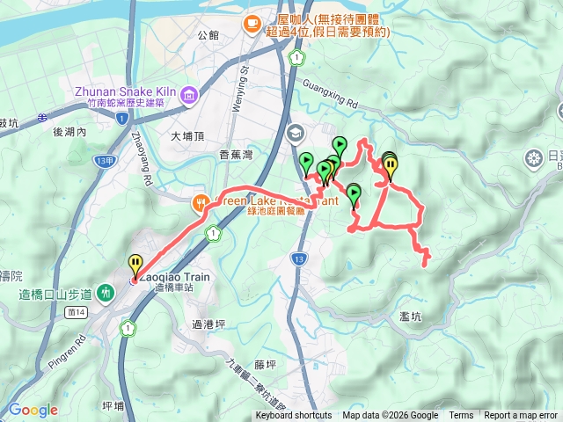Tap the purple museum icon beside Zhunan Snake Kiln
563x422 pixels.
(187, 94)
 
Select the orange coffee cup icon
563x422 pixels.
(252, 22)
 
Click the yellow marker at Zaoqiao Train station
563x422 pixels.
(135, 264)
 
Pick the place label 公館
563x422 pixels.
(208, 35)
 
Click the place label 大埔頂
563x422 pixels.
(187, 136)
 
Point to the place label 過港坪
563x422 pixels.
(208, 324)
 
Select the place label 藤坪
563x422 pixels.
(266, 363)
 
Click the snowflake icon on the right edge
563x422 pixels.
(532, 158)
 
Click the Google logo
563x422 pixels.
(33, 410)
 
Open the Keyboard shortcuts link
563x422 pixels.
(294, 416)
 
